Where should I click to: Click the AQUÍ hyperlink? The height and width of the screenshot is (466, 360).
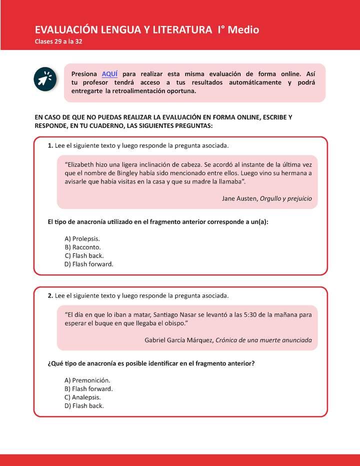109,73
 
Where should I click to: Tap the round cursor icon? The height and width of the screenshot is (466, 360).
44,79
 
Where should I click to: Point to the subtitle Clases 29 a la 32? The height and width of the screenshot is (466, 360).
58,41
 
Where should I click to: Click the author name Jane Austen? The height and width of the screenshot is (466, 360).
239,198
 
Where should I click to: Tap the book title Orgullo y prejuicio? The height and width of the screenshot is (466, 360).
285,198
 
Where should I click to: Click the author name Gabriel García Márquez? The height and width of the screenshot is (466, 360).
178,340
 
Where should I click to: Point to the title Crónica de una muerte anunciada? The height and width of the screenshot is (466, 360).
263,340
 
